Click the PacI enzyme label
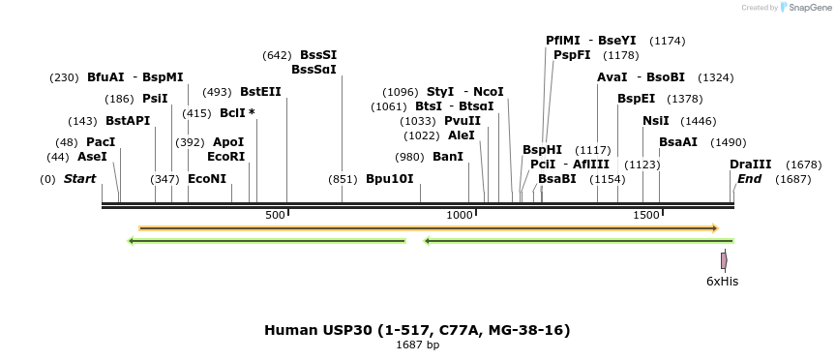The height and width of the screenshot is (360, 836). pyautogui.click(x=101, y=142)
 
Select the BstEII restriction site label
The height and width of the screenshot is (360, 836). pyautogui.click(x=260, y=92)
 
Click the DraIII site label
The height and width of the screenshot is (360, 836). pyautogui.click(x=750, y=165)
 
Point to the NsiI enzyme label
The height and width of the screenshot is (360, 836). pyautogui.click(x=655, y=121)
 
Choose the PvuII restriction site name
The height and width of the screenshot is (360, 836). pyautogui.click(x=462, y=121)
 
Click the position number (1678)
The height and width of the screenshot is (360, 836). pyautogui.click(x=803, y=165)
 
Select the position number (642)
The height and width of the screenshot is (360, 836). pyautogui.click(x=277, y=55)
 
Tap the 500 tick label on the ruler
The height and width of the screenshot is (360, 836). pyautogui.click(x=275, y=215)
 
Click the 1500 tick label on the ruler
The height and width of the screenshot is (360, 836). pyautogui.click(x=646, y=215)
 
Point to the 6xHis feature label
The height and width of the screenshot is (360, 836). pyautogui.click(x=722, y=282)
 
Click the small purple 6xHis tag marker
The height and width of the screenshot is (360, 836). pyautogui.click(x=723, y=260)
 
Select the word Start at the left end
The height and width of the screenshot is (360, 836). pyautogui.click(x=79, y=179)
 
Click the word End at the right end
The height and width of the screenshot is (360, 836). pyautogui.click(x=749, y=179)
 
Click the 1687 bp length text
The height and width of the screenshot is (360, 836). pyautogui.click(x=417, y=345)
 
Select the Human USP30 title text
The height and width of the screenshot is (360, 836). pyautogui.click(x=417, y=330)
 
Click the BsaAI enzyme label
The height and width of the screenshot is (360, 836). pyautogui.click(x=677, y=142)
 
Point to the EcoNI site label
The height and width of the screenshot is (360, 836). pyautogui.click(x=206, y=179)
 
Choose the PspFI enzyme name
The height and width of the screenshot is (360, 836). pyautogui.click(x=571, y=55)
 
